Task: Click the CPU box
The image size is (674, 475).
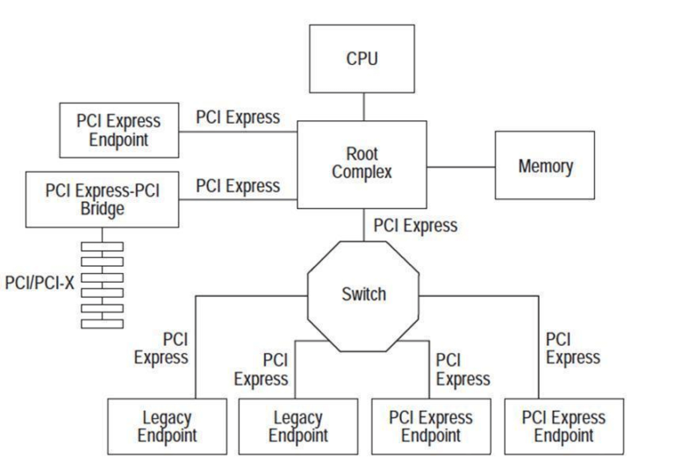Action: point(362,60)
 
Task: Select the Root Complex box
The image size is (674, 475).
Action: point(362,163)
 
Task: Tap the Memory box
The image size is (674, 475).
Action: point(545,165)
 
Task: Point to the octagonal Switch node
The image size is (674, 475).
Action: point(362,294)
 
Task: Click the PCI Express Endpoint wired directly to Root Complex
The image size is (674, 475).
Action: point(118,129)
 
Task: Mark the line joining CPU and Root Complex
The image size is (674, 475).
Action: point(362,106)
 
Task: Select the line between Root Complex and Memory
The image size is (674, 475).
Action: point(461,165)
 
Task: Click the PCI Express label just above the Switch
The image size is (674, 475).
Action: point(415,226)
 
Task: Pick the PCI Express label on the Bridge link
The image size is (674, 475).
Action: point(238,185)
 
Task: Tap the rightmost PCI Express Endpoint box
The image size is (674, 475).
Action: point(563,426)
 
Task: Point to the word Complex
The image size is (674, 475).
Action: point(362,172)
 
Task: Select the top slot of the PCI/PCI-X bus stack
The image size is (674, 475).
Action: point(102,246)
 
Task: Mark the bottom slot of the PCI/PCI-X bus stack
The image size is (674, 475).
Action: point(102,323)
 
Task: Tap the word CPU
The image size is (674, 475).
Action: point(362,60)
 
